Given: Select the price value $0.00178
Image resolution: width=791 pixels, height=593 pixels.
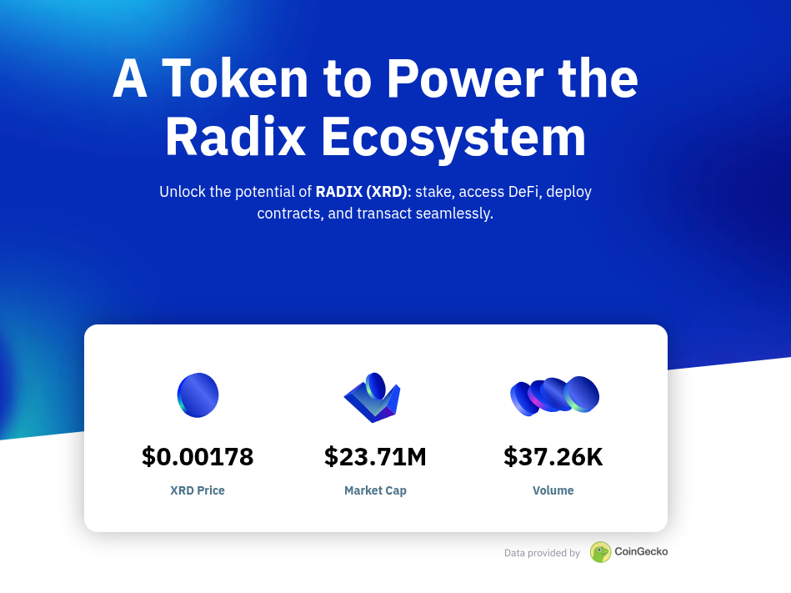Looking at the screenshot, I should coord(198,457).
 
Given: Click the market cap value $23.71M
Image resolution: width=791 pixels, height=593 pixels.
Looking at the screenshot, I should coord(375,457).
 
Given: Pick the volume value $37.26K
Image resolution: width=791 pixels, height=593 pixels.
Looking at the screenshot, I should coord(553,457).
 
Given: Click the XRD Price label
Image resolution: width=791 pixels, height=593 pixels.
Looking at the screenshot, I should coord(198,490).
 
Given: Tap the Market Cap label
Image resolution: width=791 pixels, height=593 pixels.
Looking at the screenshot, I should coord(375,490).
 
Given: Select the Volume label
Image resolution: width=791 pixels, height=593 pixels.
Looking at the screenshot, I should coord(553,490).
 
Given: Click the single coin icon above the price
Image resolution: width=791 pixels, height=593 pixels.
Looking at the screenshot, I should coord(198,394).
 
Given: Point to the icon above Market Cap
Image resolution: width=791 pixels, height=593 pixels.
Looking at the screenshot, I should coord(373,398).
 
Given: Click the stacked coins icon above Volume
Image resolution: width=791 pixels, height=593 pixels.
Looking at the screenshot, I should coord(554,395).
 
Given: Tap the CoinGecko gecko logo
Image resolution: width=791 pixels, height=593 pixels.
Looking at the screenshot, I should coord(600,552).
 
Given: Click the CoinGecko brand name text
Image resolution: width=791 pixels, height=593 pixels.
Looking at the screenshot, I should coord(641,551).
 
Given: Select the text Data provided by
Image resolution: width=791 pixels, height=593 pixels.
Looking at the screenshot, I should coord(542,553).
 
